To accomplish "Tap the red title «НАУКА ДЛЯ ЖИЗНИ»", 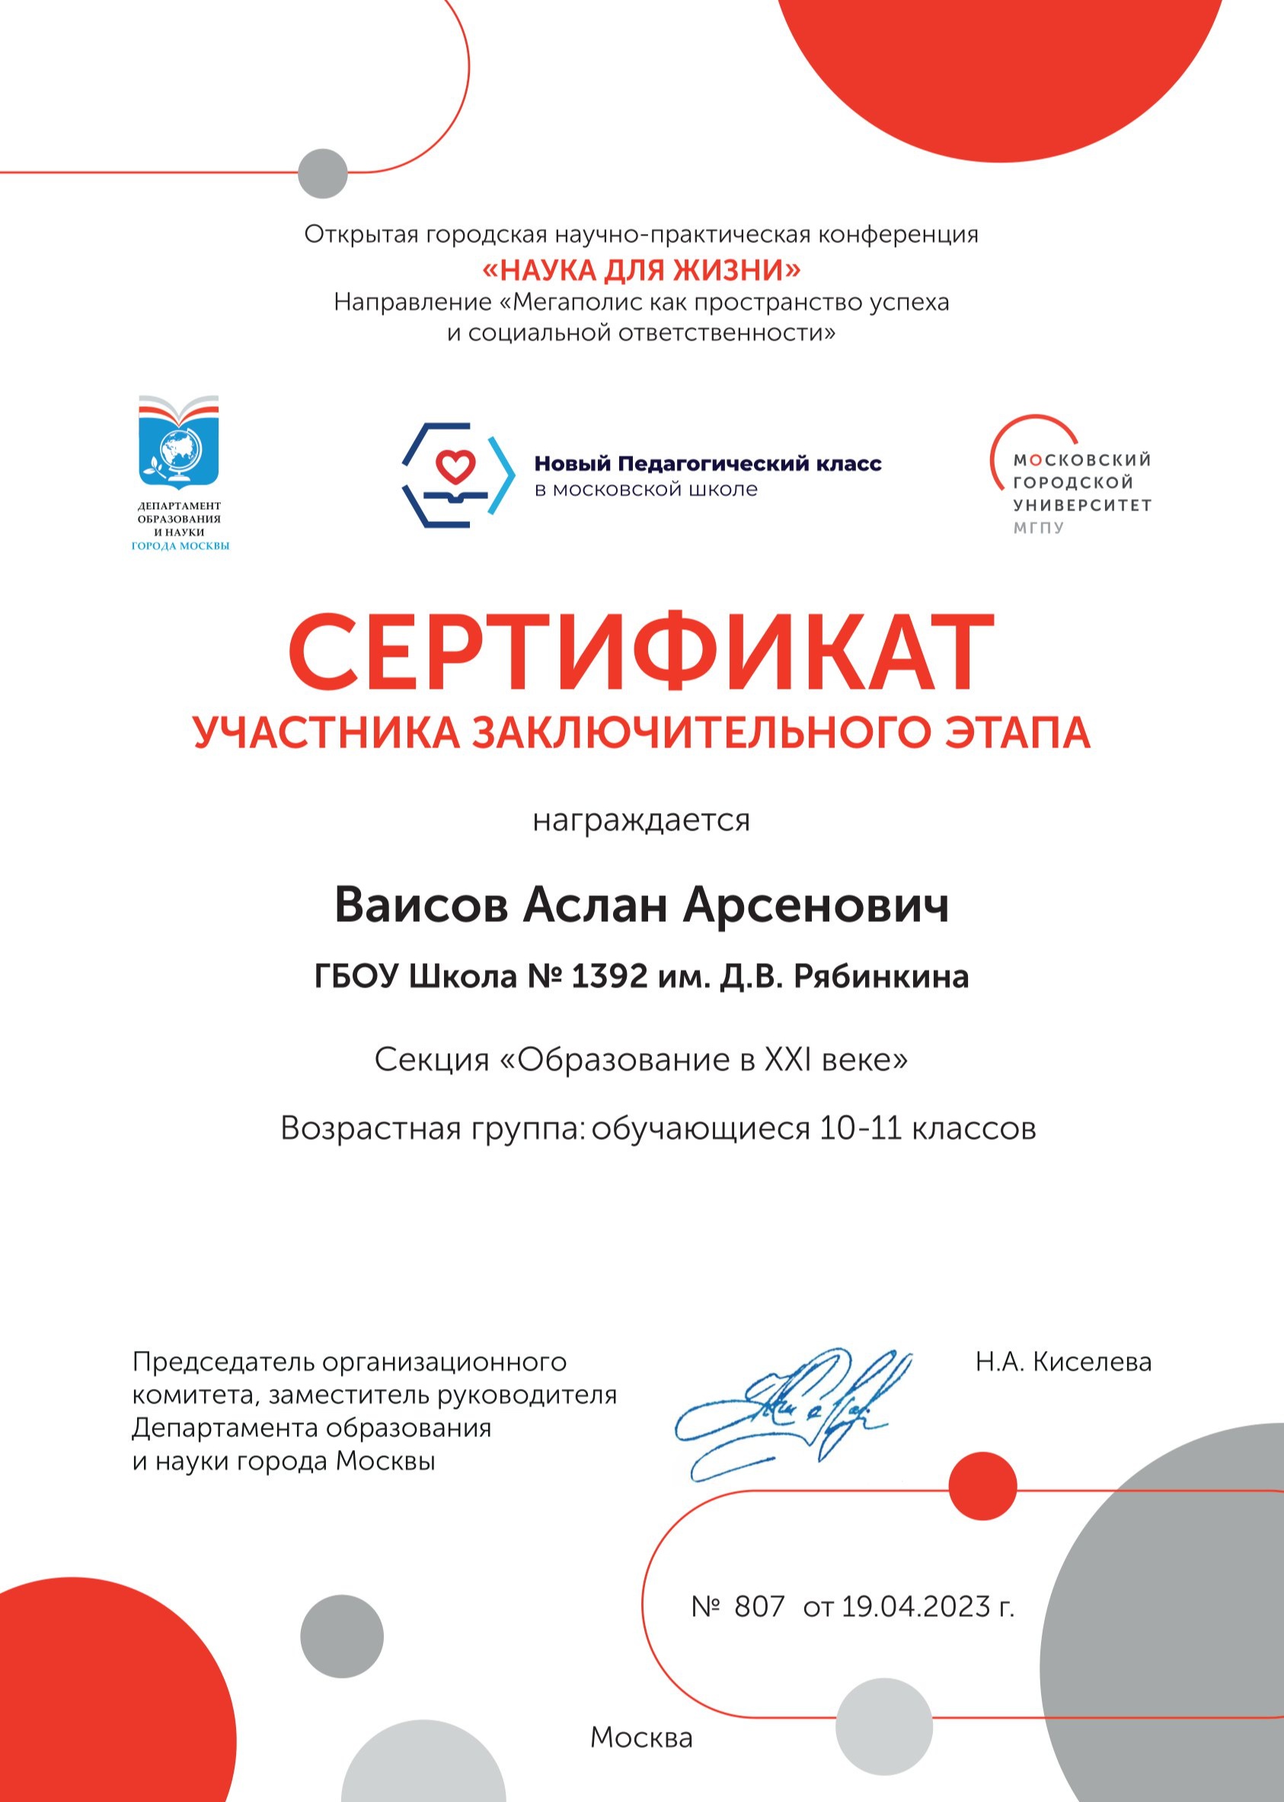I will (x=641, y=270).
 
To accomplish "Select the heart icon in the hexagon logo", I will (x=456, y=465).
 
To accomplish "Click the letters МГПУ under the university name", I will (x=1039, y=527).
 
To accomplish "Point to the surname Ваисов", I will (x=420, y=905).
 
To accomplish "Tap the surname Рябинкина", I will (x=881, y=977).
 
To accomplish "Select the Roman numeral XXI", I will (x=787, y=1060).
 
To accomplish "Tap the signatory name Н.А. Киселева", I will (x=1062, y=1362).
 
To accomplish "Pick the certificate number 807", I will (x=759, y=1607).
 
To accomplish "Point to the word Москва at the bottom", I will (x=641, y=1737).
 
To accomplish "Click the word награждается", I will (x=641, y=821).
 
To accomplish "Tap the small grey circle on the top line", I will (x=323, y=172).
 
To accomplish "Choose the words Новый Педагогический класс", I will (x=707, y=463).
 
